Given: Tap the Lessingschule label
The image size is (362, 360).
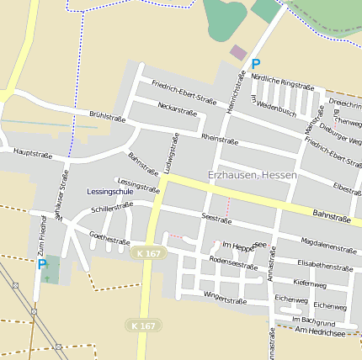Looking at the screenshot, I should click(x=110, y=192).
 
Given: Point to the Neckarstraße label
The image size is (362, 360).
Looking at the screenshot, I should click(x=177, y=110).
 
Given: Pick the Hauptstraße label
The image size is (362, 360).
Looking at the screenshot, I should click(x=32, y=154).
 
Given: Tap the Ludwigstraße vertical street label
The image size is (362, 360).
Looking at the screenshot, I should click(x=172, y=154).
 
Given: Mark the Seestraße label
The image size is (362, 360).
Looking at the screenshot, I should click(x=216, y=218).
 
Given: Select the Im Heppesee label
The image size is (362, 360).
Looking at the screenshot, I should click(x=244, y=245).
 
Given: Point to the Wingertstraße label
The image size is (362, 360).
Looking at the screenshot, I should click(x=225, y=299).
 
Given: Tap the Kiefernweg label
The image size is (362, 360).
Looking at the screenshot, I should click(x=311, y=283).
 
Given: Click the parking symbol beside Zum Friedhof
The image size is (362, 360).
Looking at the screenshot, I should click(x=42, y=264).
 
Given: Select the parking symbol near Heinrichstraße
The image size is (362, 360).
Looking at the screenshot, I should click(x=256, y=63).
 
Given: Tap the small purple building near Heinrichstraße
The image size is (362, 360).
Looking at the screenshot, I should click(x=239, y=52).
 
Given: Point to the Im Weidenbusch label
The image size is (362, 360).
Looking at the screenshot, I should click(x=274, y=105).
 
